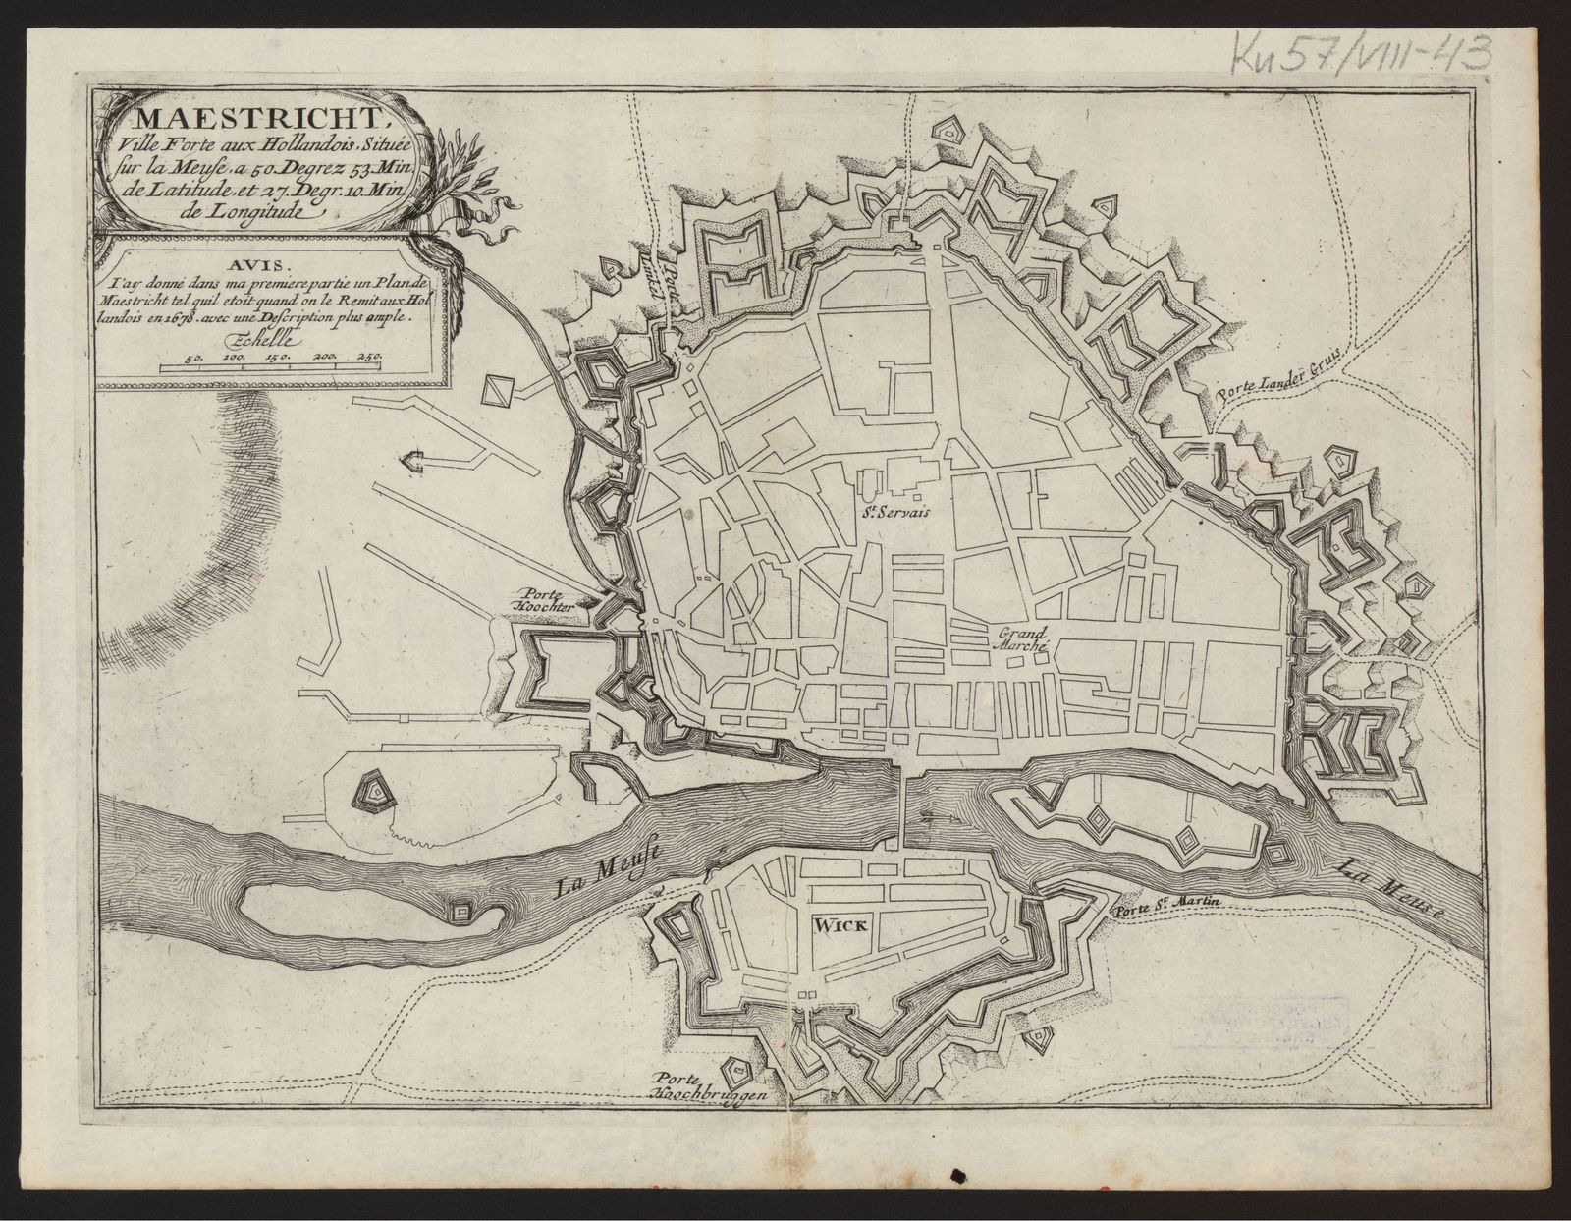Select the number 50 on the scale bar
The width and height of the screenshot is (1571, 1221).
point(194,359)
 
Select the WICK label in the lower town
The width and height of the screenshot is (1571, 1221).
point(835,923)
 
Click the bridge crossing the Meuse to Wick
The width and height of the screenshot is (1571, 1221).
point(900,800)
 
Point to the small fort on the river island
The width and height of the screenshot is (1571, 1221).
point(459,912)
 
